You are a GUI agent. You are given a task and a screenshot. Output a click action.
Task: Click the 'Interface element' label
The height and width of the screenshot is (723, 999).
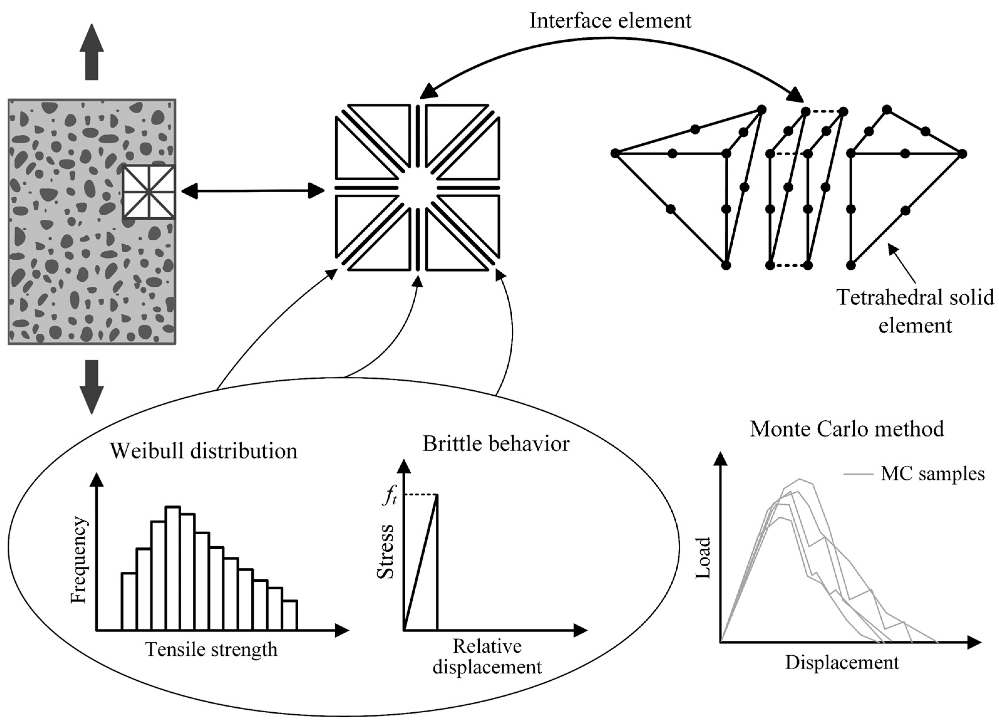click(610, 21)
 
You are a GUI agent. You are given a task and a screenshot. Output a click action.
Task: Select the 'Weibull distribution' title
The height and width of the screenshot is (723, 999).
click(203, 451)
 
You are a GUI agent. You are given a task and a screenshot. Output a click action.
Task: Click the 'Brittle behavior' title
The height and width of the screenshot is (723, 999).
click(496, 444)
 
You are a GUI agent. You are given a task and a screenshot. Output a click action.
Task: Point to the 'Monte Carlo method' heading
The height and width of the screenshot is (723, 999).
click(847, 429)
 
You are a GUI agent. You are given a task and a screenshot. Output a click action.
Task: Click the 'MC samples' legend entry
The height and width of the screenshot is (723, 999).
click(932, 474)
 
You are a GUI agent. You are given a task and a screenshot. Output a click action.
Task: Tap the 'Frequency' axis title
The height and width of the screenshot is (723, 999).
click(79, 560)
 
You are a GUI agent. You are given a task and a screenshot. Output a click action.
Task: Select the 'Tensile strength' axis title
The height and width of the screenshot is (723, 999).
click(212, 649)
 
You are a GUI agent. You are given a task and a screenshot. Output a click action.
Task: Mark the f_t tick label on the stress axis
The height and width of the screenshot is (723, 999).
click(389, 497)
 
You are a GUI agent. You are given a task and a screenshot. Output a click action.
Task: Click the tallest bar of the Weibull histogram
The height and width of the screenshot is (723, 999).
click(173, 568)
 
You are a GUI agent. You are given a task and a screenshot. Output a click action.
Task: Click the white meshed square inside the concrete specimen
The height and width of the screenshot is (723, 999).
click(149, 192)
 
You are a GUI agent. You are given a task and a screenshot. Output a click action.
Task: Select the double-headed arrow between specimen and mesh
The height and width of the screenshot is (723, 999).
click(253, 191)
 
